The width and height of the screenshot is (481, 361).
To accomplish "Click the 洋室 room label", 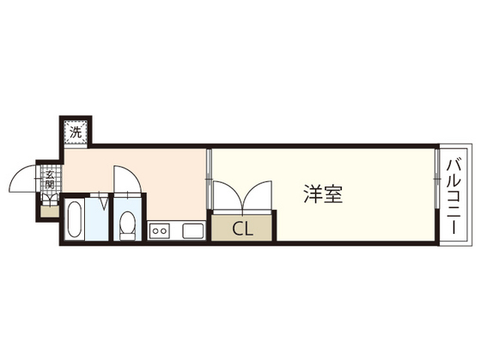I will pos(322,195).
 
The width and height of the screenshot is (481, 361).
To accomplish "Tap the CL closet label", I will pos(242,229).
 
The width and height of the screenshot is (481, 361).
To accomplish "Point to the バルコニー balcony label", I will pos(453,197).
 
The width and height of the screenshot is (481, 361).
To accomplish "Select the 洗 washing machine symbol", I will pos(76,133).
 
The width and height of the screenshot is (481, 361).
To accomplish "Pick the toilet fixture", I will pos(128,225).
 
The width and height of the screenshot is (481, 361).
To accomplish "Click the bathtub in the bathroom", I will pos(74,221).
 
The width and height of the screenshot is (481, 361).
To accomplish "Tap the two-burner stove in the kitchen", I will pos(160,230).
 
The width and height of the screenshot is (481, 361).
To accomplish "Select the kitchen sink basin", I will pos(191,230).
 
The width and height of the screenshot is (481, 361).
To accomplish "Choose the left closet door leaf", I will pos(225,196).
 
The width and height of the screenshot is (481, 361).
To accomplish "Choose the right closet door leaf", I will pos(259,196).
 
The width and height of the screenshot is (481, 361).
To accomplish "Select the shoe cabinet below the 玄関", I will pos(49,209).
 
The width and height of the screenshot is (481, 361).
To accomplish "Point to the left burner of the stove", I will pos(155,230).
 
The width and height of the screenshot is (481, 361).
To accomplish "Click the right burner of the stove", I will pos(165,230).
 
